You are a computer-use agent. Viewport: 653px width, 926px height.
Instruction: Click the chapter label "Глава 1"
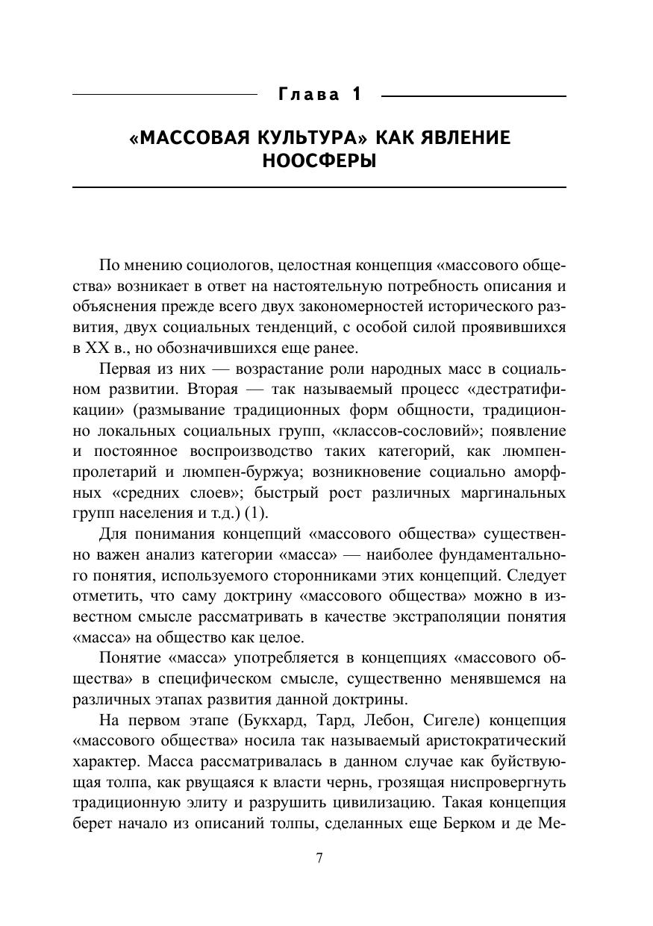(319, 95)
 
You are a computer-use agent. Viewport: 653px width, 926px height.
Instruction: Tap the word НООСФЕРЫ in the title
(319, 161)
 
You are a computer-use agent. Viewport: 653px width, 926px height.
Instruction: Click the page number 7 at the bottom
(319, 858)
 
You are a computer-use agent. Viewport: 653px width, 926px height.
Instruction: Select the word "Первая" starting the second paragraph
(121, 369)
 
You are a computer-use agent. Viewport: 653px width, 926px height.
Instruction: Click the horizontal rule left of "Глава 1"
(164, 96)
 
